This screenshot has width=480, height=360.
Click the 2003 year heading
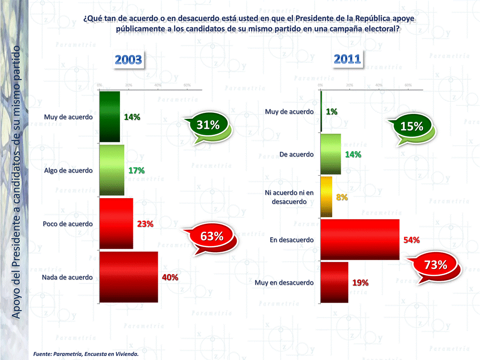[x=129, y=60]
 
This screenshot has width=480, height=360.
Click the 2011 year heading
[x=347, y=59]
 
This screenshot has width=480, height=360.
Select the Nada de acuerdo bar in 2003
[x=129, y=277]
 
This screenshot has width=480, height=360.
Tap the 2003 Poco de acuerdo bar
[x=116, y=224]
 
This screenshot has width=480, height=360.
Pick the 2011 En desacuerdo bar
[x=360, y=240]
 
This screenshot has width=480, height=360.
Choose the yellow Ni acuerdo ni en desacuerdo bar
[x=326, y=197]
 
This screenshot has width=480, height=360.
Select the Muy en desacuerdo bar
[x=334, y=283]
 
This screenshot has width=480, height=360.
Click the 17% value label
[x=136, y=171]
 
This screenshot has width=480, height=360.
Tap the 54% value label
[x=412, y=240]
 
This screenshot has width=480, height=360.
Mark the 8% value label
[x=342, y=197]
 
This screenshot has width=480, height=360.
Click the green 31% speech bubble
[x=208, y=126]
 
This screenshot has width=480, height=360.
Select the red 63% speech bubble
[x=211, y=237]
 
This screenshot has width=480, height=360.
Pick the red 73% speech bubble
[x=435, y=266]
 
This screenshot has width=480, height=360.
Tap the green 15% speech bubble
[x=412, y=127]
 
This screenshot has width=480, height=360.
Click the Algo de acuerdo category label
[x=68, y=171]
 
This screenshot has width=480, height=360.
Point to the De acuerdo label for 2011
[x=297, y=154]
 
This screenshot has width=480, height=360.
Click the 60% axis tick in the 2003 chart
[x=187, y=85]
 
